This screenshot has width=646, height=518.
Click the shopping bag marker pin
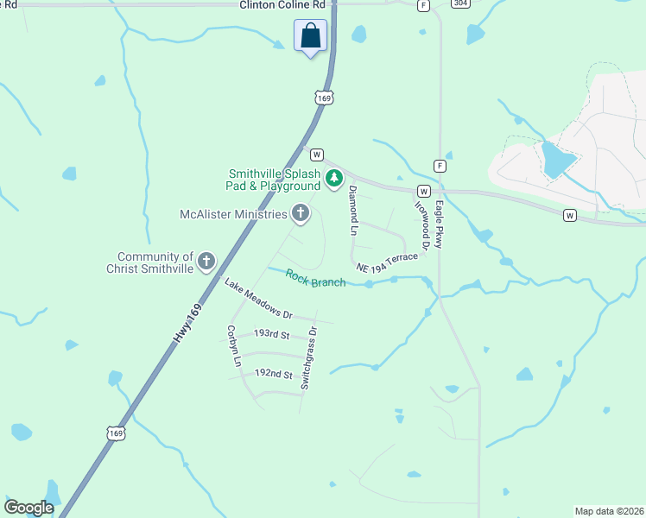pyautogui.click(x=311, y=36)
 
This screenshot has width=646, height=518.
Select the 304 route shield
pyautogui.click(x=461, y=4)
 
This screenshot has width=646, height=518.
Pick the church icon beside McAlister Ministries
pyautogui.click(x=301, y=213)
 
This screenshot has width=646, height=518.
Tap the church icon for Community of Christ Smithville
pyautogui.click(x=206, y=261)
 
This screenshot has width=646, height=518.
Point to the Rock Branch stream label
pyautogui.click(x=315, y=279)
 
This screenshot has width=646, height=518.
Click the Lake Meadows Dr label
pyautogui.click(x=258, y=299)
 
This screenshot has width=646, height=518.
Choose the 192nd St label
pyautogui.click(x=274, y=375)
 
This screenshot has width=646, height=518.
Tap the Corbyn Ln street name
pyautogui.click(x=232, y=346)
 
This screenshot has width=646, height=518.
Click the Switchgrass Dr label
pyautogui.click(x=308, y=357)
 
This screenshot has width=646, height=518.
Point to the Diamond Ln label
pyautogui.click(x=352, y=211)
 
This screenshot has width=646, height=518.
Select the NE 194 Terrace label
pyautogui.click(x=386, y=259)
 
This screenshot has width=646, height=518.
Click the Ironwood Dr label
pyautogui.click(x=422, y=221)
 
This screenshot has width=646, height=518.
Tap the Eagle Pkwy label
pyautogui.click(x=440, y=225)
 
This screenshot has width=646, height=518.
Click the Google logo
pyautogui.click(x=29, y=508)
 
